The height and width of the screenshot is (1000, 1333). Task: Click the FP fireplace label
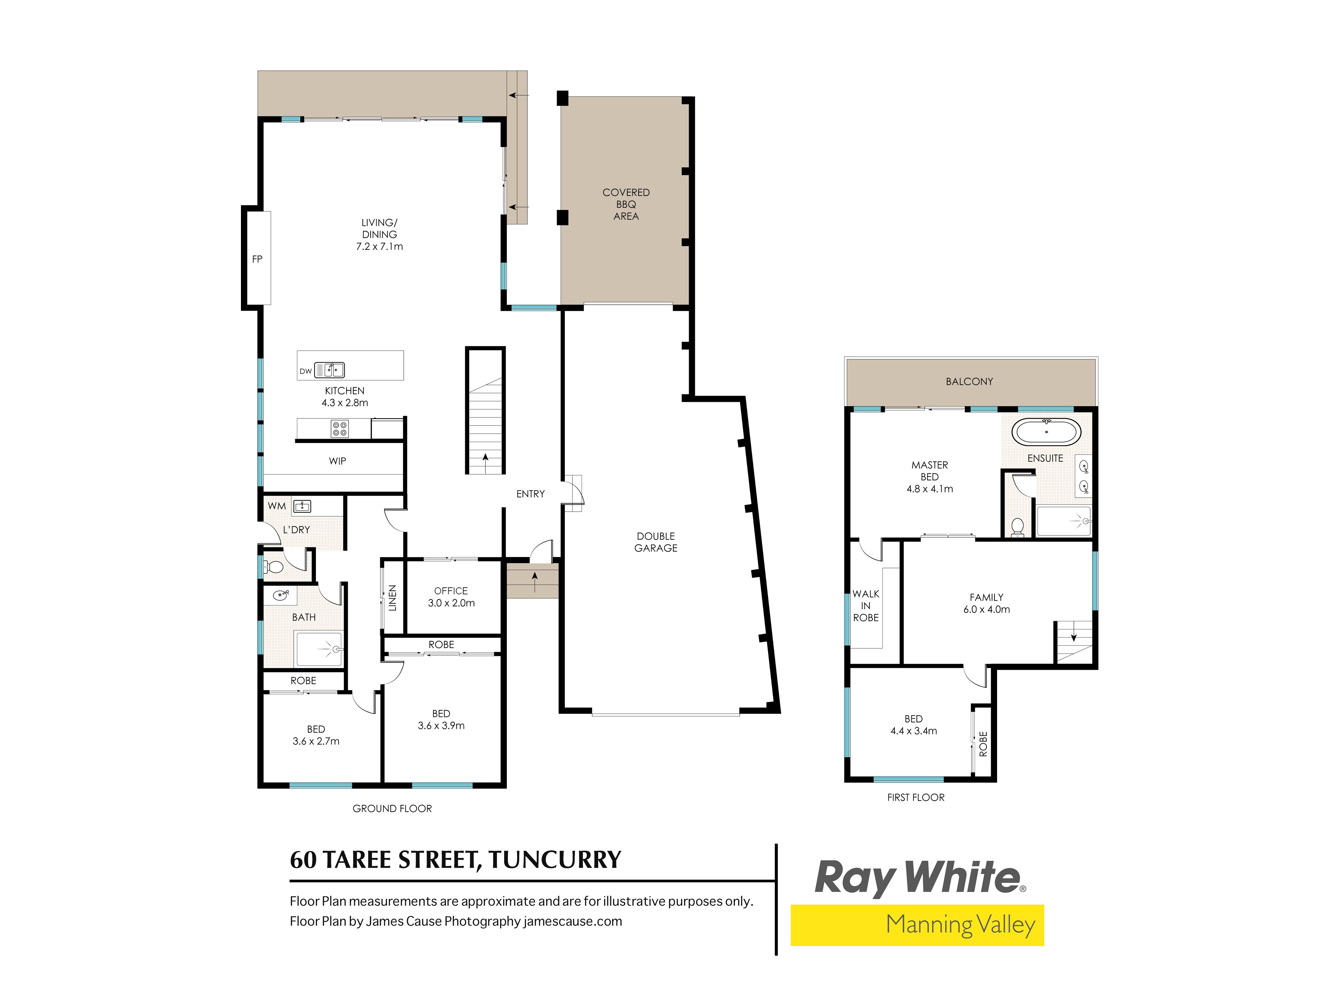click(257, 259)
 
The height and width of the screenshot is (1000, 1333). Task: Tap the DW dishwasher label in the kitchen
click(306, 371)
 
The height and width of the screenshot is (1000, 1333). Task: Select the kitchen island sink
click(330, 369)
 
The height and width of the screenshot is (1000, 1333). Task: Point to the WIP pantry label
click(338, 461)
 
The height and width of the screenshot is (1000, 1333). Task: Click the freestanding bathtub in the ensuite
click(1046, 432)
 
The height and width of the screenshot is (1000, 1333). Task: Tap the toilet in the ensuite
click(1018, 527)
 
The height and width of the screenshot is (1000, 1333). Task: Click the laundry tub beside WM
click(302, 506)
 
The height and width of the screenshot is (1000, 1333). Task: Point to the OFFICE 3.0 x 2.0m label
click(451, 597)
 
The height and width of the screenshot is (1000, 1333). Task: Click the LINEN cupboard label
click(392, 598)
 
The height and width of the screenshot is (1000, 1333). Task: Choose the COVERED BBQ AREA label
click(626, 204)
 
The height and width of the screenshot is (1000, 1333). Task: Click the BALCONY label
click(969, 382)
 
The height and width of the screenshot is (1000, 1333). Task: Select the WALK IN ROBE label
click(866, 606)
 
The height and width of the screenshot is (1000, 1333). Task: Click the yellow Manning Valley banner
click(917, 925)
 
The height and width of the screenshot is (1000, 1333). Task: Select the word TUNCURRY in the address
click(555, 860)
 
